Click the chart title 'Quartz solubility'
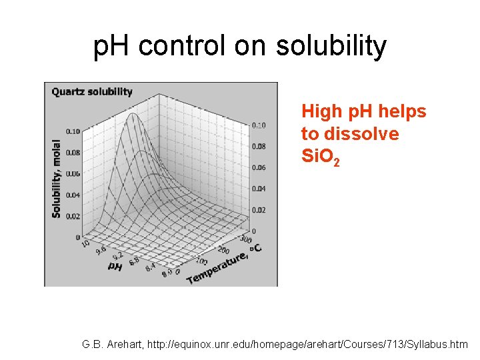pos(92,92)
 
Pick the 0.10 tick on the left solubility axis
pos(73,131)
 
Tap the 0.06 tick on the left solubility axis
pos(73,174)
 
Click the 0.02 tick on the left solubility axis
pos(73,216)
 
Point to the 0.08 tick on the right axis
pos(259,146)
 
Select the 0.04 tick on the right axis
pos(259,189)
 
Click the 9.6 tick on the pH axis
pos(100,251)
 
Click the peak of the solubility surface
pos(133,115)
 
